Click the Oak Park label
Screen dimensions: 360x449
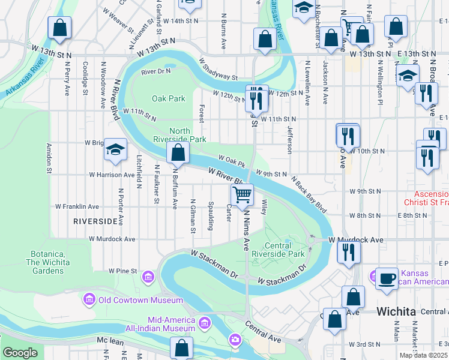point(169,98)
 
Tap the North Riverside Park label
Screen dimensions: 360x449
point(188,135)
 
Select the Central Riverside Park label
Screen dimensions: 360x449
point(285,250)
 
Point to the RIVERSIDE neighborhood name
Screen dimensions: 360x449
point(95,221)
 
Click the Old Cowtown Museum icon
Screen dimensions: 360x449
point(89,299)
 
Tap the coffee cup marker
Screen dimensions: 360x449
point(387,279)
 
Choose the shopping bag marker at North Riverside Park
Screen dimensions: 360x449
point(178,154)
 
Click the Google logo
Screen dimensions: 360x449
point(20,353)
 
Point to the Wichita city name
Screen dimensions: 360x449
point(396,312)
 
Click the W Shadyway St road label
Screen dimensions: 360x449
point(218,69)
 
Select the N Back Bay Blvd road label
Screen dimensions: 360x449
point(309,195)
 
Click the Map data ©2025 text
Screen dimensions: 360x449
point(423,355)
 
